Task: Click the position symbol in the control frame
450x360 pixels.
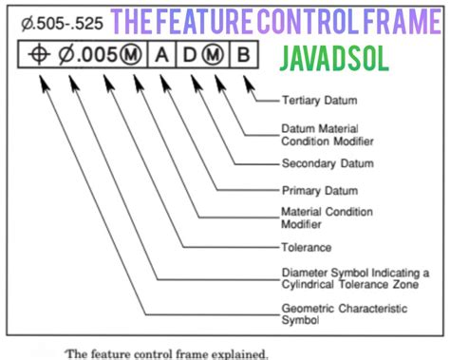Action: [39, 54]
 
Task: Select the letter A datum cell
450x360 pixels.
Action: [160, 54]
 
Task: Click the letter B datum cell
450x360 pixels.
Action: [243, 54]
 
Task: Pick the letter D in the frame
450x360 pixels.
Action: [188, 54]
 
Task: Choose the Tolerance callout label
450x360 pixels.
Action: [307, 248]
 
